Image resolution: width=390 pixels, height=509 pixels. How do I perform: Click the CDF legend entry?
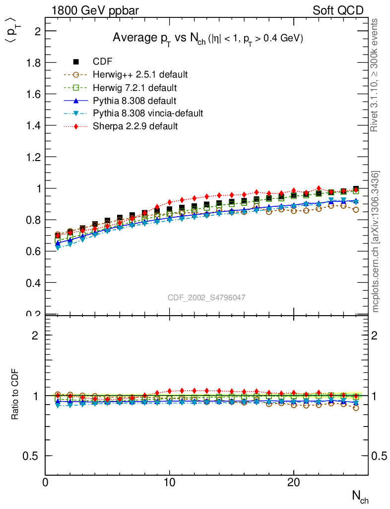pyautogui.click(x=103, y=62)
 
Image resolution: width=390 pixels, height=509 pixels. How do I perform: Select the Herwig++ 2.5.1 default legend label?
pyautogui.click(x=140, y=75)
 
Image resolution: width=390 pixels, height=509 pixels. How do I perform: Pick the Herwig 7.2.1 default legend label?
pyautogui.click(x=134, y=87)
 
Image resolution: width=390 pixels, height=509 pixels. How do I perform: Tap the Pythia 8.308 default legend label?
pyautogui.click(x=130, y=100)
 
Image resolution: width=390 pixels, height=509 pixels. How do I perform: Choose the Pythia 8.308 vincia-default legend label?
pyautogui.click(x=148, y=113)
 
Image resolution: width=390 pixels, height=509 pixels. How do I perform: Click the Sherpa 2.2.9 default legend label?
pyautogui.click(x=135, y=126)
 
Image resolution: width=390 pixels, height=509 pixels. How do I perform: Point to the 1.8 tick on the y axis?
pyautogui.click(x=33, y=63)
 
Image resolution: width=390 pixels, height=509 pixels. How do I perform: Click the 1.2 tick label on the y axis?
pyautogui.click(x=33, y=157)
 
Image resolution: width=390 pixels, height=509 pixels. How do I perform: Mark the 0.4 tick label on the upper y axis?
pyautogui.click(x=33, y=283)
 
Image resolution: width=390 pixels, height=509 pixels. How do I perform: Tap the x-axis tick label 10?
pyautogui.click(x=170, y=484)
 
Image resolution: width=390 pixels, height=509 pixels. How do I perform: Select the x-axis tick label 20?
pyautogui.click(x=294, y=484)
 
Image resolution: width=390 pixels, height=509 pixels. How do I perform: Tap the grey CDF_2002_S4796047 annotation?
pyautogui.click(x=206, y=297)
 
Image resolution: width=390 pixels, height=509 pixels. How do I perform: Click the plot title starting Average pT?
pyautogui.click(x=207, y=38)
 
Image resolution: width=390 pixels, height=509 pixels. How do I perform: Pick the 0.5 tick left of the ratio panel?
pyautogui.click(x=33, y=456)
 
